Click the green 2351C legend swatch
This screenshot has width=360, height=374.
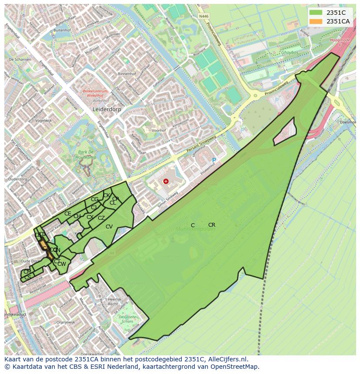316,13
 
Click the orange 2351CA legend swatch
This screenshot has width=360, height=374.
316,21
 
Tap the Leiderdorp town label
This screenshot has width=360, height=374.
107,110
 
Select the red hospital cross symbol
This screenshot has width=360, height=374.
165,181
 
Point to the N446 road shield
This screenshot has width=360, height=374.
203,16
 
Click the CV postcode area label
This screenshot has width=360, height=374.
109,227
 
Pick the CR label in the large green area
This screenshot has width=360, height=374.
212,225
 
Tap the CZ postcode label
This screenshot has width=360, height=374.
101,218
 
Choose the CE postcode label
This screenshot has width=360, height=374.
67,214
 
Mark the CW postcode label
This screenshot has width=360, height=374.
62,264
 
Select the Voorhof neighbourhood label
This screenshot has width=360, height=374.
159,130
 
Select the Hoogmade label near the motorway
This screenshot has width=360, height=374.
340,40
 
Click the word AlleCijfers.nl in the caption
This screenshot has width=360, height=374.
227,359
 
